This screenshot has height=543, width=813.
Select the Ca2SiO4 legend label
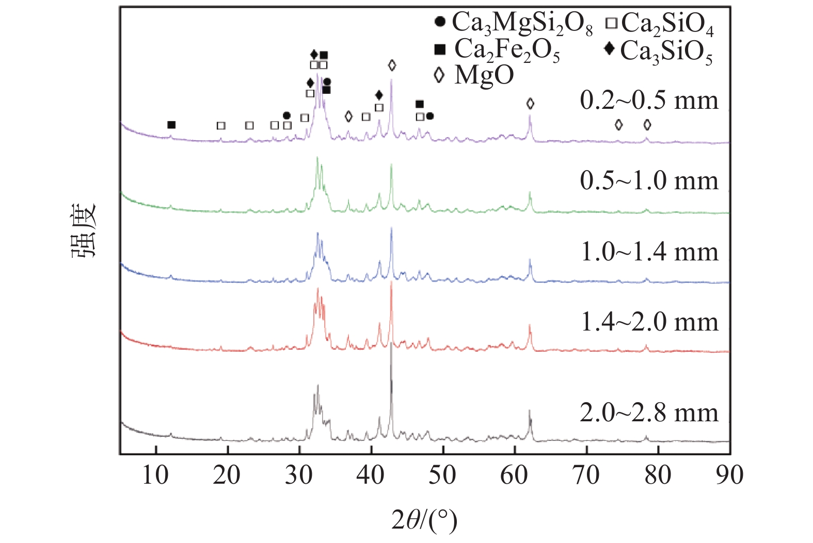667,24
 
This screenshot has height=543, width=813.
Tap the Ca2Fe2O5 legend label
507,50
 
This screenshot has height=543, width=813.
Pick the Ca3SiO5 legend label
666,51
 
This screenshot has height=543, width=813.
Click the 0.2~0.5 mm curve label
649,100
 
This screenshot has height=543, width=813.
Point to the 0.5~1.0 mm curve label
649,180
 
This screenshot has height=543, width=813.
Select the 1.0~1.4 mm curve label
649,252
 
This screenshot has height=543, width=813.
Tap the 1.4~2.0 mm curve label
649,322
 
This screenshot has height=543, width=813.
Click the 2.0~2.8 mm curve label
649,413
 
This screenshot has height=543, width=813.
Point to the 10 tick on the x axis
155,475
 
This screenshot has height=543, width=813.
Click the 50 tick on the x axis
442,475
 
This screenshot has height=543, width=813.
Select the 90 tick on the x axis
729,475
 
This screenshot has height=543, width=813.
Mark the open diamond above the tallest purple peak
392,65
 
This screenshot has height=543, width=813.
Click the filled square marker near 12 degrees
171,125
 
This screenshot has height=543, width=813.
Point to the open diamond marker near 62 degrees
530,104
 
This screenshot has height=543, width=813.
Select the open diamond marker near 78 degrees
647,125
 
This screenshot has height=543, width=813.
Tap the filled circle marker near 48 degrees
429,116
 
